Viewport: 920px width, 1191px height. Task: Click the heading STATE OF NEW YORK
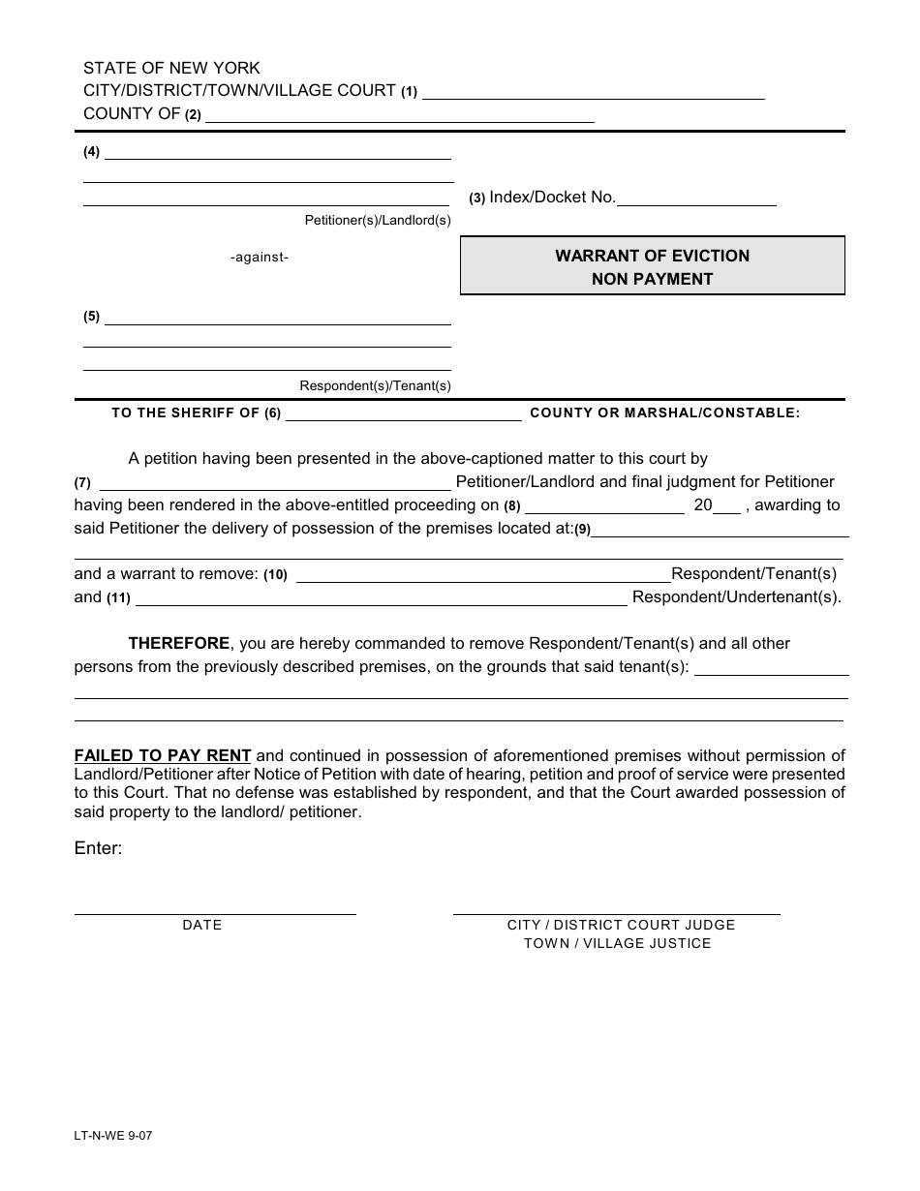click(x=171, y=68)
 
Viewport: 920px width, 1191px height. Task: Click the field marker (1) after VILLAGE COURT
click(x=409, y=92)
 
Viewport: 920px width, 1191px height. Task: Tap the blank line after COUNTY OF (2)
click(x=400, y=120)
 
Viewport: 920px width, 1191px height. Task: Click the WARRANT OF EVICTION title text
click(x=652, y=256)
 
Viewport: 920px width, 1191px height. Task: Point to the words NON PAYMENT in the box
click(x=652, y=279)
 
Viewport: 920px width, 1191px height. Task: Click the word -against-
click(x=260, y=258)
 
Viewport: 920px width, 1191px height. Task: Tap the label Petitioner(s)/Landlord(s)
click(x=378, y=221)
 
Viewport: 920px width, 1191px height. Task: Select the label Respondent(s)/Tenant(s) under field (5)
click(x=375, y=385)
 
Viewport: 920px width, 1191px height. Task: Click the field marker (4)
click(x=91, y=152)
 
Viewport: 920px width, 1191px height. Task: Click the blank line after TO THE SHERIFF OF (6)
click(x=403, y=418)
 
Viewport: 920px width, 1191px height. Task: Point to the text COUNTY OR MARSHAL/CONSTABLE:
click(x=665, y=412)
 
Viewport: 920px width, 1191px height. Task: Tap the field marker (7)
click(x=82, y=483)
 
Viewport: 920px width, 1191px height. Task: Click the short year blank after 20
click(x=727, y=510)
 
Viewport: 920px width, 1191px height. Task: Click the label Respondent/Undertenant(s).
click(x=736, y=597)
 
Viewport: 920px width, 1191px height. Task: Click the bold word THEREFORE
click(x=179, y=643)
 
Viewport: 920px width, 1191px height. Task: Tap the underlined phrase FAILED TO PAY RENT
click(x=163, y=755)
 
